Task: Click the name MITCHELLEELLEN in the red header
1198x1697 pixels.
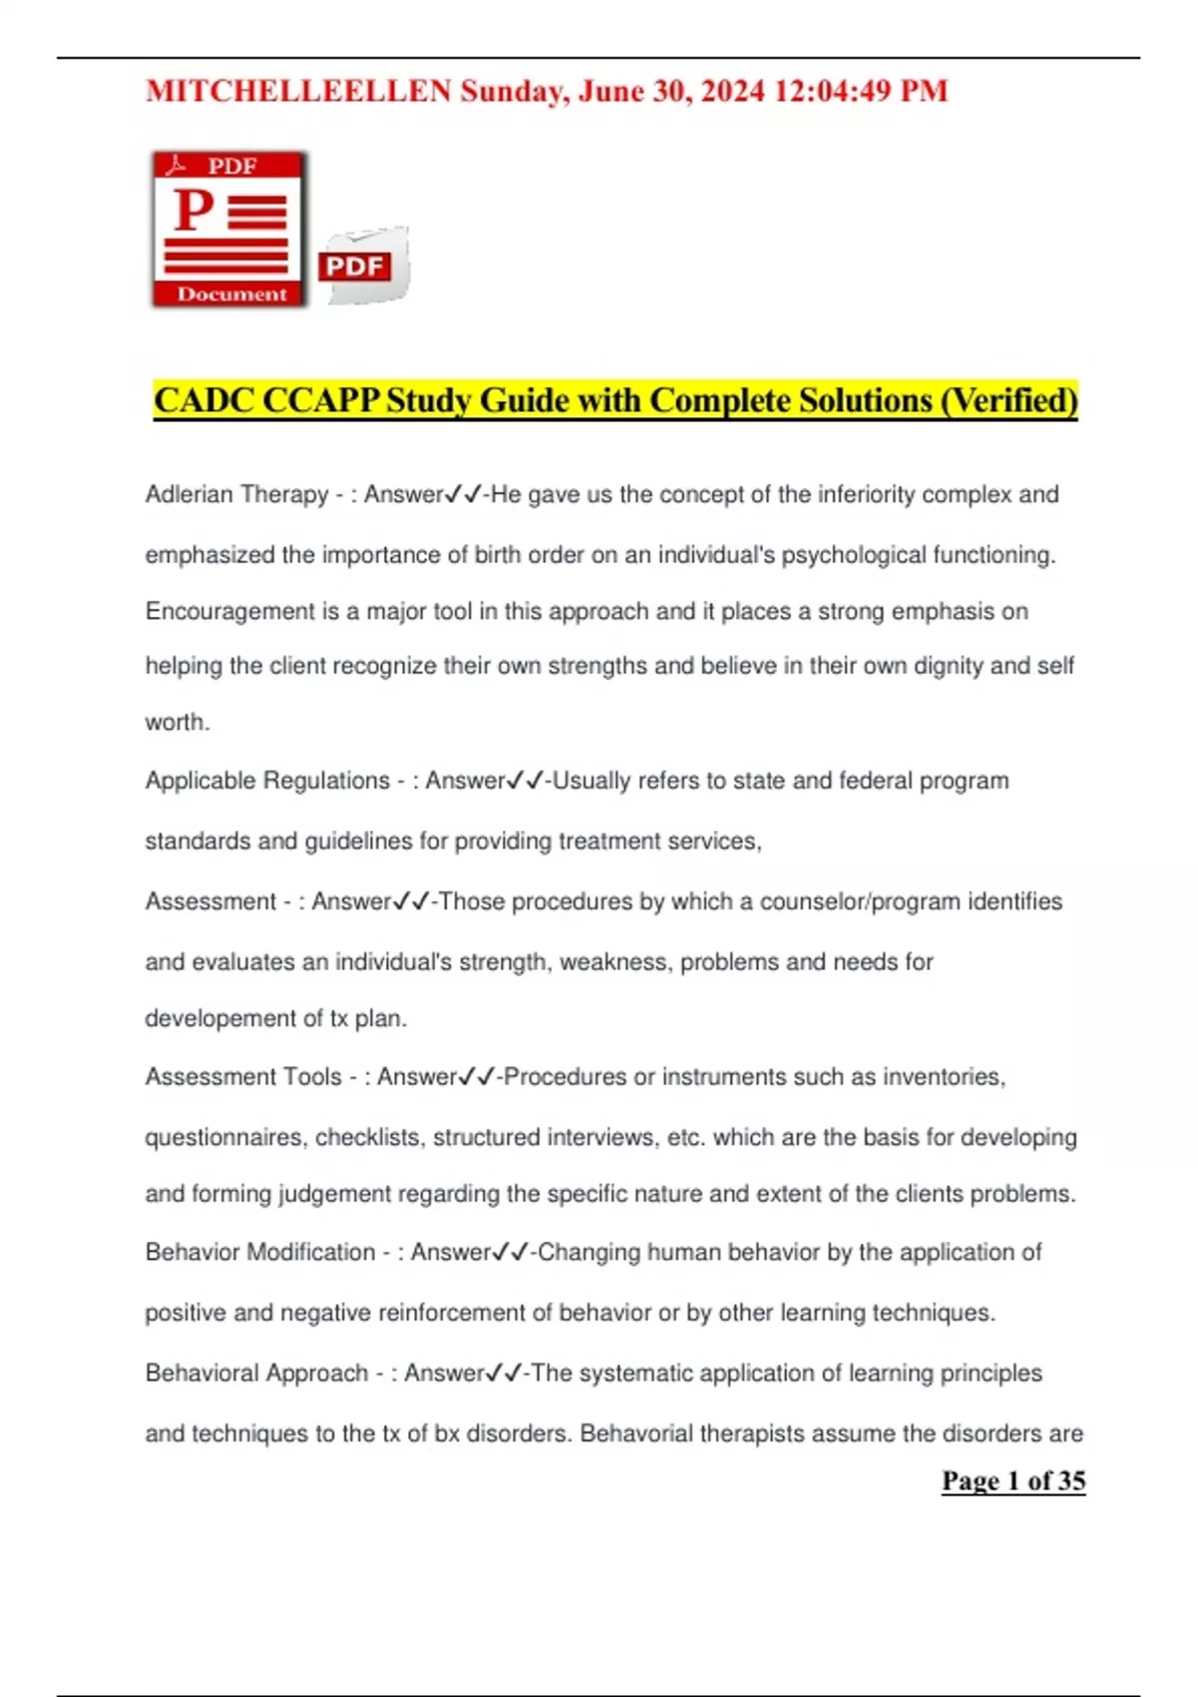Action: [x=299, y=92]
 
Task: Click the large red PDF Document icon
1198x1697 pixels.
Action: [x=230, y=229]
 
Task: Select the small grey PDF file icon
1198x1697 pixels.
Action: [x=363, y=266]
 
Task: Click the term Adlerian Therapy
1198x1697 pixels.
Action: [x=237, y=495]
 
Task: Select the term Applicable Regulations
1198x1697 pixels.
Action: [x=268, y=781]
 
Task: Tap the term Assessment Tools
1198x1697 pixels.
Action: [x=244, y=1077]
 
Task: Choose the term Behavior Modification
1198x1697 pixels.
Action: [x=260, y=1253]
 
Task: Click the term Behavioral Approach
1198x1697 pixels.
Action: [x=257, y=1374]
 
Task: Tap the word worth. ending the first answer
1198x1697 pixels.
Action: [x=178, y=723]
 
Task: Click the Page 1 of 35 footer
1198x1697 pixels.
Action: [x=1013, y=1481]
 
